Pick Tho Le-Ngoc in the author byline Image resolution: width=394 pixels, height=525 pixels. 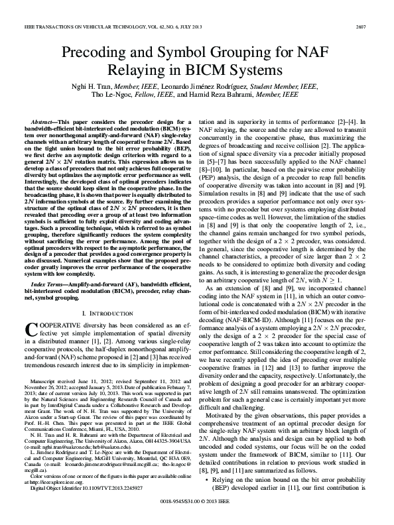coord(117,95)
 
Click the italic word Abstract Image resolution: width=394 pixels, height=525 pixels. coord(46,123)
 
